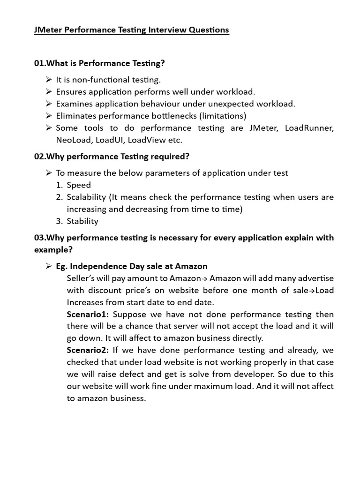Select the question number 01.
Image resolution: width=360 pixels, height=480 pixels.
pyautogui.click(x=39, y=63)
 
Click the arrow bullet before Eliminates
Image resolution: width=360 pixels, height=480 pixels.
pyautogui.click(x=48, y=116)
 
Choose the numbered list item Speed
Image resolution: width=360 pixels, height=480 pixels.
pyautogui.click(x=79, y=185)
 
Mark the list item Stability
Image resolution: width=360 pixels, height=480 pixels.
pyautogui.click(x=82, y=221)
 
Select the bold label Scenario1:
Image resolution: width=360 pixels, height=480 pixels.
pyautogui.click(x=88, y=314)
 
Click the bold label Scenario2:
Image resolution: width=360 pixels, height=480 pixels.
pyautogui.click(x=88, y=350)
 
